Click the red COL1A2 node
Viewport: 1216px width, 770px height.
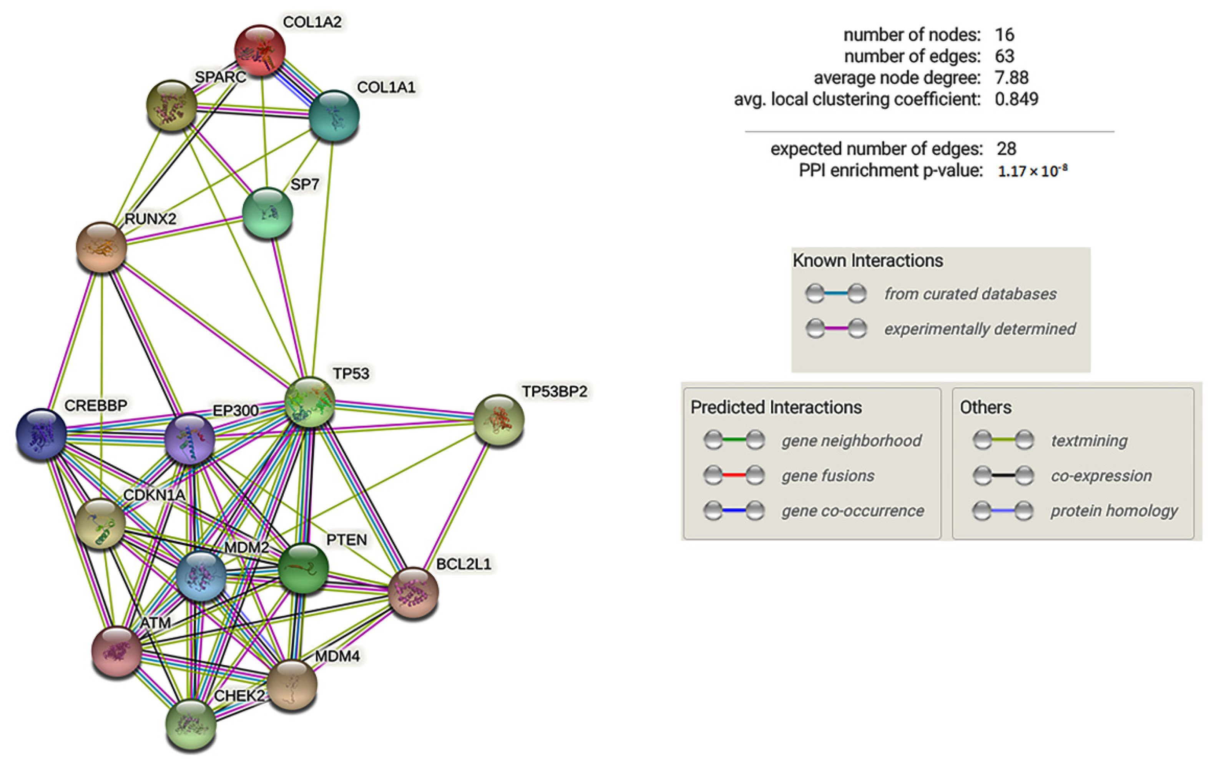point(260,50)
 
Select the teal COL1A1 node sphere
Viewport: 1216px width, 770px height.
point(334,115)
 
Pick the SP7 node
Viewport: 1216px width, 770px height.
point(267,212)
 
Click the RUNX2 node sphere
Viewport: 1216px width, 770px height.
point(101,247)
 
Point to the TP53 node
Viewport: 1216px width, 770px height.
point(309,402)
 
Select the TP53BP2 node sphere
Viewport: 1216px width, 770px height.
point(499,420)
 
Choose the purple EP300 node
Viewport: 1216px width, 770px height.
point(190,438)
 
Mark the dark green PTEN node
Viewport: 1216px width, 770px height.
point(303,568)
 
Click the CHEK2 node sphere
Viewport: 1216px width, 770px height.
point(191,725)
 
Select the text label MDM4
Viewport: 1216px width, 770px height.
point(337,656)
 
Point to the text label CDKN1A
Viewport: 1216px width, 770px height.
point(154,495)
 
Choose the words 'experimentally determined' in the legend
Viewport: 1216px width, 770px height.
point(980,329)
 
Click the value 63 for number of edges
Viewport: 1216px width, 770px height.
point(1004,56)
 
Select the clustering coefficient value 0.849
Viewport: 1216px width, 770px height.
point(1016,99)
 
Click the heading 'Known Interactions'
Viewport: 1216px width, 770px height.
point(867,261)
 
